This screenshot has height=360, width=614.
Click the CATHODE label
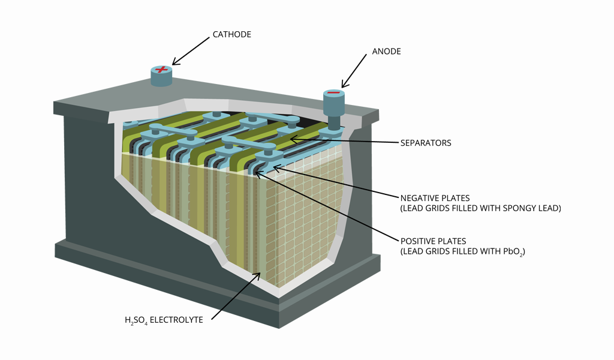[231, 34]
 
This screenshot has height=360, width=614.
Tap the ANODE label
[386, 52]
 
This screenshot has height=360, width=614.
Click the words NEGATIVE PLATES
[435, 197]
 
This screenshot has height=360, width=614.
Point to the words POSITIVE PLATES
[432, 241]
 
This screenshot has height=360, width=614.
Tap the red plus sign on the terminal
[161, 69]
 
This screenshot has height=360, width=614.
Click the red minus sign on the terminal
[334, 93]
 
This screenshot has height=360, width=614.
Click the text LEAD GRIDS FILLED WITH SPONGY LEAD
[480, 208]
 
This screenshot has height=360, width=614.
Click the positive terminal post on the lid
[161, 76]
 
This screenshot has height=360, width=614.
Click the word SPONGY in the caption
[520, 208]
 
